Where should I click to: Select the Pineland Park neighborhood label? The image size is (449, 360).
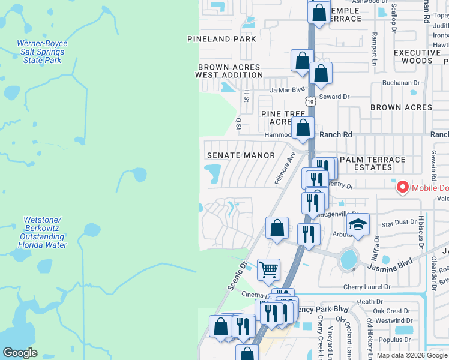click(221, 39)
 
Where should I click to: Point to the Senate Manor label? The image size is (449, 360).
click(241, 155)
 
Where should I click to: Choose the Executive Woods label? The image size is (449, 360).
click(421, 57)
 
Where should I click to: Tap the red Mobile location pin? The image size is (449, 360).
click(401, 188)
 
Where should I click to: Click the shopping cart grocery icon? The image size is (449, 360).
click(268, 269)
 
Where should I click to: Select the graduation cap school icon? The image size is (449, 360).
click(358, 225)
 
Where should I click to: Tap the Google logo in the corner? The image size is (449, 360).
click(20, 353)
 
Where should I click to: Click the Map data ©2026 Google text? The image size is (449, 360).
click(412, 355)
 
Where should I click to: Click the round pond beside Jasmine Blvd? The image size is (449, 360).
click(348, 260)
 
